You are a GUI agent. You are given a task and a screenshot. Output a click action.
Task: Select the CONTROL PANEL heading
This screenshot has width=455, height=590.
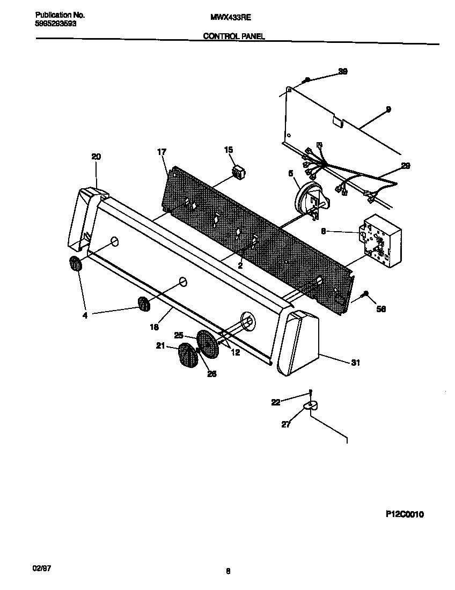(233, 36)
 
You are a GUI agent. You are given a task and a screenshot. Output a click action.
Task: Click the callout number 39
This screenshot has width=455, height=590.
(343, 71)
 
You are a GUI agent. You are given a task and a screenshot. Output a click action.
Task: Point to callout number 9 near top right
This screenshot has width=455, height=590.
(388, 109)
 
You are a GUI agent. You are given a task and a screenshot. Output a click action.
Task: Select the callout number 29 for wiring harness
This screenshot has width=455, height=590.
(406, 166)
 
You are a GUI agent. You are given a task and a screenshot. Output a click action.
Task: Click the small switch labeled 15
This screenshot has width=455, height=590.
(238, 173)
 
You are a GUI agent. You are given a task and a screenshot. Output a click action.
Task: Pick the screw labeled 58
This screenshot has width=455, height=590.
(365, 294)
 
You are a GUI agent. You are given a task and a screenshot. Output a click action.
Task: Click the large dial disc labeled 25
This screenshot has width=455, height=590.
(208, 343)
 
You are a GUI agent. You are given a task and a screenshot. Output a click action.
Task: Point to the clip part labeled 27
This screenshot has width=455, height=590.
(310, 407)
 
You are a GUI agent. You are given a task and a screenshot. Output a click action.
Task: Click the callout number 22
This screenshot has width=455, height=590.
(275, 402)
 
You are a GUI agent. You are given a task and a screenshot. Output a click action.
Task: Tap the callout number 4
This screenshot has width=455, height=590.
(85, 315)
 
